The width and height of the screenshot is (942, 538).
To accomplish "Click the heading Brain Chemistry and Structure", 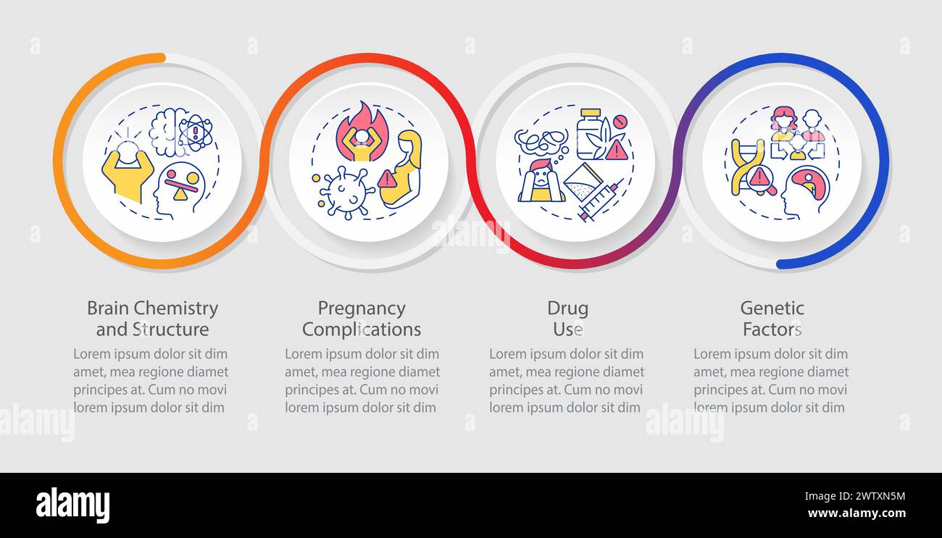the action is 152,319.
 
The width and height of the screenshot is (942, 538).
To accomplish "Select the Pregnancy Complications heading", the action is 362,319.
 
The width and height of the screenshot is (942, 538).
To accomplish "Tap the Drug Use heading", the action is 567,319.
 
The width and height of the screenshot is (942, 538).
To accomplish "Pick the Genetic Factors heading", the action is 772,319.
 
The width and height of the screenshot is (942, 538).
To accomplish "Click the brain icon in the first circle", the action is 166,133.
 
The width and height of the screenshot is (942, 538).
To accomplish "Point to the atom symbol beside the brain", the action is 196,134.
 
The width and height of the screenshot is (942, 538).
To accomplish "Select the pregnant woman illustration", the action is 401,169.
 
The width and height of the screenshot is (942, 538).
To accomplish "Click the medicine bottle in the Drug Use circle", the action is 590,135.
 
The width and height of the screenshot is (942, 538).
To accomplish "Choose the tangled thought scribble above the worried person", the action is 541,143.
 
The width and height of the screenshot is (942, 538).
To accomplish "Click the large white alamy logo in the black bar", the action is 72,505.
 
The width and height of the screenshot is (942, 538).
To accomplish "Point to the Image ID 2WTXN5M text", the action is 855,497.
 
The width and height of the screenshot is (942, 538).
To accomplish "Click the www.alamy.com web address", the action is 856,513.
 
